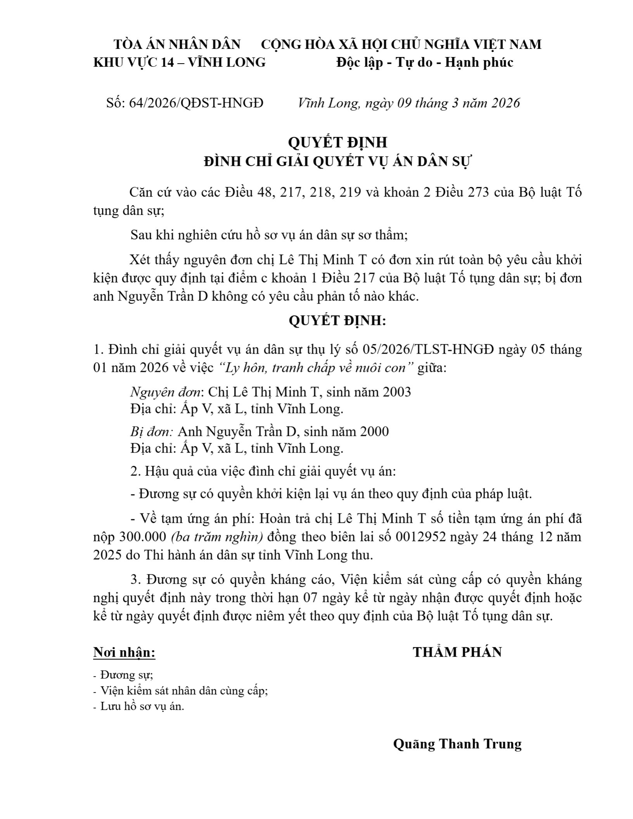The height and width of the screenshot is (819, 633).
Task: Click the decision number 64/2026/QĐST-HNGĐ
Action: point(185,103)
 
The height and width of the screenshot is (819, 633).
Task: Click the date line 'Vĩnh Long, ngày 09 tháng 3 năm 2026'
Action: point(409,103)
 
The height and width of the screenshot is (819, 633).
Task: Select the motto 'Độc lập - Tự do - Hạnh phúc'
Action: point(425,62)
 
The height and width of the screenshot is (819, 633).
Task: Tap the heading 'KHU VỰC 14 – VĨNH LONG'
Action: point(180,62)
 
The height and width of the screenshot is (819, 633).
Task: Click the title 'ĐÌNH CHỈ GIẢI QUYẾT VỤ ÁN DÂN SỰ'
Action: point(337,162)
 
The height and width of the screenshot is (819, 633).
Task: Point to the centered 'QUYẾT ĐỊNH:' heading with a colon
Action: point(337,321)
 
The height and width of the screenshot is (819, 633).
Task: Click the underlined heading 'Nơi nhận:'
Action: point(124,653)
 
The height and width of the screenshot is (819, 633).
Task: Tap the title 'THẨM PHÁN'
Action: point(457,652)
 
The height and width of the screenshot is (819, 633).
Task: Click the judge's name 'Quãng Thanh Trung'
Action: point(457,744)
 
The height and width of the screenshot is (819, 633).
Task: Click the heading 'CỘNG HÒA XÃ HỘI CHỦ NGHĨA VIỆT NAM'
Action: point(401,45)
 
